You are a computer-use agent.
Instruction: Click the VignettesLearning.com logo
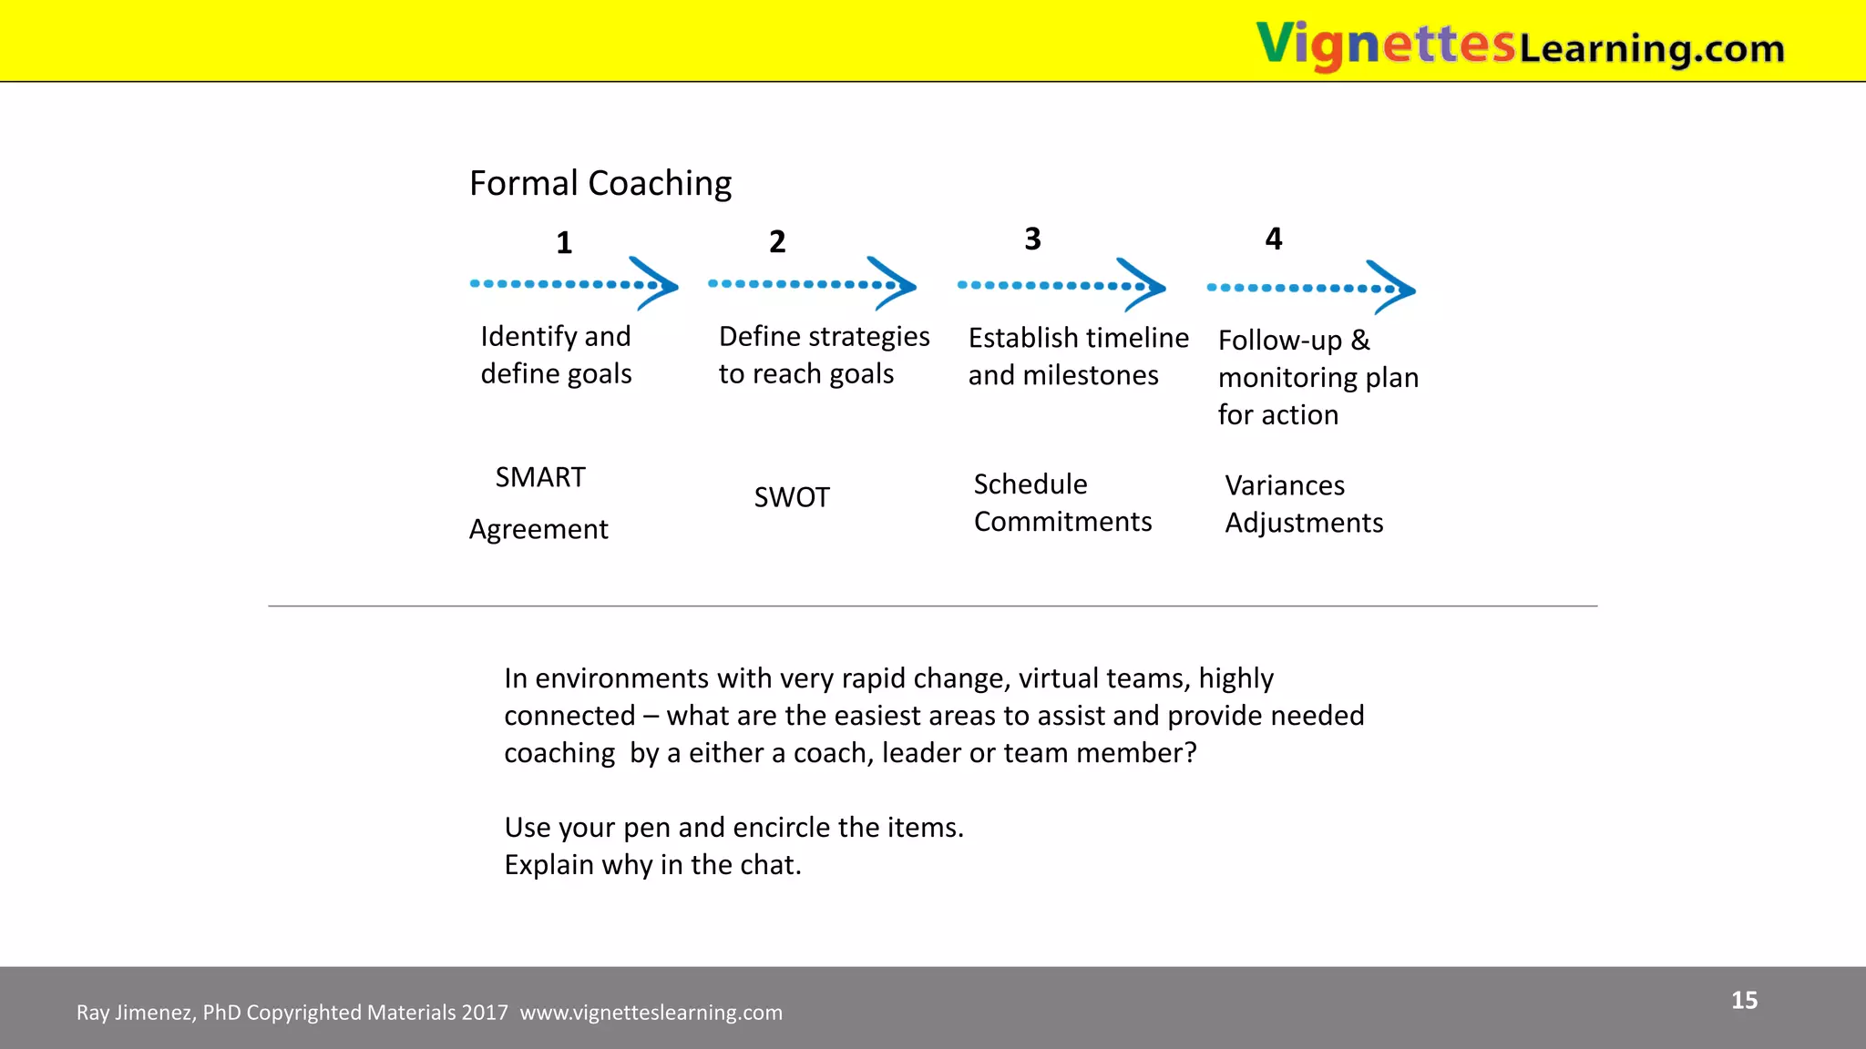(1519, 45)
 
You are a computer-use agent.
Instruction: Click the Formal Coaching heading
(600, 183)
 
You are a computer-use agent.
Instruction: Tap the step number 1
(564, 243)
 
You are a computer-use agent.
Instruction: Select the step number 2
(777, 242)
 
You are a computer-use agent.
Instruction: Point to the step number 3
(1032, 239)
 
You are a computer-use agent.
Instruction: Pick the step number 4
(1274, 239)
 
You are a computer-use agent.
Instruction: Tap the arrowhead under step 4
(1395, 289)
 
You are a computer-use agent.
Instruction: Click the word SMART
(540, 477)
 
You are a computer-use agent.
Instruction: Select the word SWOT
(792, 497)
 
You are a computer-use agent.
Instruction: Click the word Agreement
(538, 529)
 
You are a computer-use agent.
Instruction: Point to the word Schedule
(1030, 484)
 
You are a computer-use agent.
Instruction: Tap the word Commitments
(1062, 522)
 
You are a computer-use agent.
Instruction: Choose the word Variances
(1285, 485)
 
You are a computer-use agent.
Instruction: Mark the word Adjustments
(1304, 523)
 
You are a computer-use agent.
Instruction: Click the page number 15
(1744, 1001)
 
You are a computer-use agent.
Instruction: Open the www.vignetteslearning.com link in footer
(651, 1013)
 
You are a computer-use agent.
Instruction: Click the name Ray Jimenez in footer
(134, 1013)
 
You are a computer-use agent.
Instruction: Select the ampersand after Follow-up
(1360, 340)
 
